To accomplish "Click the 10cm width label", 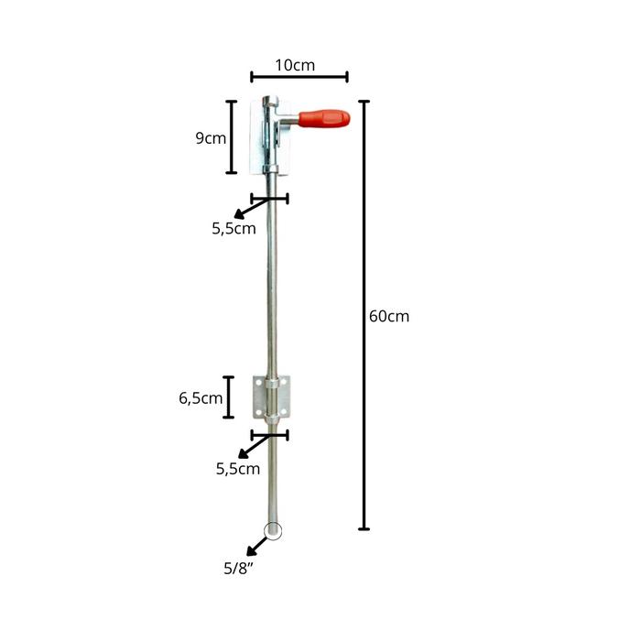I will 295,65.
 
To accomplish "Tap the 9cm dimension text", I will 211,138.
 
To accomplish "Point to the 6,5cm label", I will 201,397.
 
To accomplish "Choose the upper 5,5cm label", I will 234,229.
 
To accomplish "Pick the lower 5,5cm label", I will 238,469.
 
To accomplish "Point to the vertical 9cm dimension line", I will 232,137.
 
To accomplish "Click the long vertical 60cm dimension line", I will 364,315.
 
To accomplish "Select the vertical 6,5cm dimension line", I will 229,397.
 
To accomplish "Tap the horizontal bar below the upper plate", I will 269,198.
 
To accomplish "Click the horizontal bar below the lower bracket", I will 269,436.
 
